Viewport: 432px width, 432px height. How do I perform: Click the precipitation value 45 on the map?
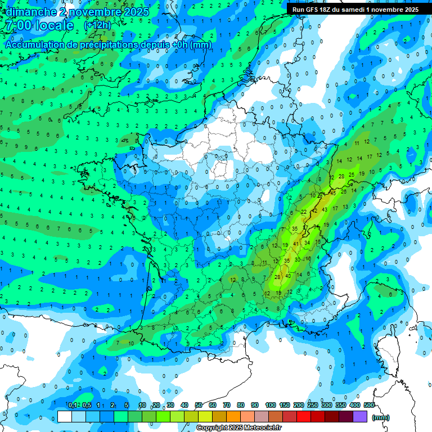pyautogui.click(x=333, y=193)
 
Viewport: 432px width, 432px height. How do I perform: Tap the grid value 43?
pyautogui.click(x=325, y=209)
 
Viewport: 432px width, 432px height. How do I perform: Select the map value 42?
pyautogui.click(x=315, y=210)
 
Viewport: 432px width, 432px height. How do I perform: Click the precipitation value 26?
pyautogui.click(x=344, y=191)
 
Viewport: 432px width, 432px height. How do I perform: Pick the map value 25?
pyautogui.click(x=352, y=174)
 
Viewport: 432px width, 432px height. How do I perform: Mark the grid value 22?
pyautogui.click(x=304, y=211)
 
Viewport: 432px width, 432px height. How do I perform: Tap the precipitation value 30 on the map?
pyautogui.click(x=298, y=260)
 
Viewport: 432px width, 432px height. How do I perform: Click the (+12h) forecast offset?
pyautogui.click(x=97, y=25)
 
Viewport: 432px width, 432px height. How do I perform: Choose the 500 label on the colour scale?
pyautogui.click(x=368, y=405)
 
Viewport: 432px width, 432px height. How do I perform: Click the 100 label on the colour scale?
pyautogui.click(x=271, y=405)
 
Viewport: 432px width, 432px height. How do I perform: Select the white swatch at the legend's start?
pyautogui.click(x=65, y=417)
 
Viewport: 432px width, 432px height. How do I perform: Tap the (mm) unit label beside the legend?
pyautogui.click(x=381, y=417)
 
